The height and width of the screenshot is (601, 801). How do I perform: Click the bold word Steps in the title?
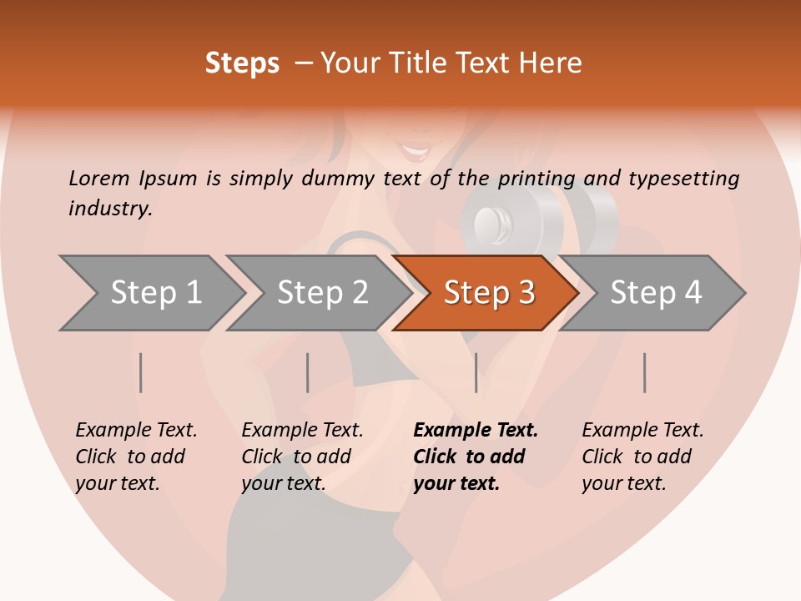coord(242,63)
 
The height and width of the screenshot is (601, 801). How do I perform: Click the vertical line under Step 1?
coord(141,372)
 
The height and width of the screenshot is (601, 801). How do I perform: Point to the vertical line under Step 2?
coord(308,372)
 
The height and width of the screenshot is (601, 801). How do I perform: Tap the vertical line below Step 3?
coord(476,372)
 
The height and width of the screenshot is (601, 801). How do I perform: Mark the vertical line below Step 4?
coord(645,372)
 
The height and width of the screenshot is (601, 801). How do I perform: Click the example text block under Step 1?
coord(136,457)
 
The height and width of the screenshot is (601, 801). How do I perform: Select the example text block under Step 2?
coord(302,457)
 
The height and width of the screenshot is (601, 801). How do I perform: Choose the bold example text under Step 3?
coord(476,457)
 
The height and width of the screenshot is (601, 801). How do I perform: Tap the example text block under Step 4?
coord(642,457)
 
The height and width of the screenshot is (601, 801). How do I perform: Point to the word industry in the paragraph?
coord(110,209)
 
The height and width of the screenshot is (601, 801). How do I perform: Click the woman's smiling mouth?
coord(415,152)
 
